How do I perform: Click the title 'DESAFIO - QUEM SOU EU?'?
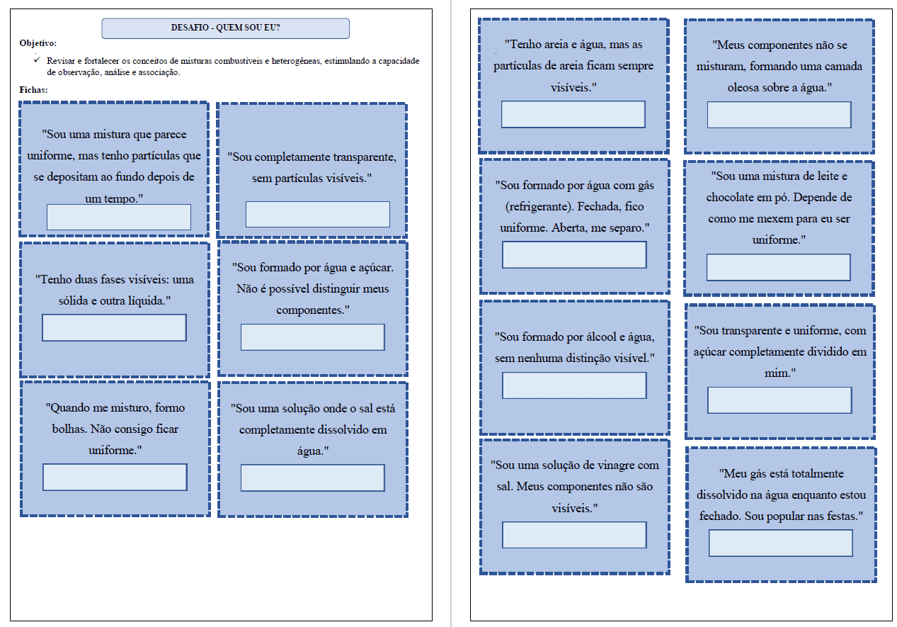click(x=225, y=28)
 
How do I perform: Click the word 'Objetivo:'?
click(x=38, y=43)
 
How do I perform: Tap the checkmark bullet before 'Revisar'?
click(x=38, y=60)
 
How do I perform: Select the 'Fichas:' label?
click(x=33, y=90)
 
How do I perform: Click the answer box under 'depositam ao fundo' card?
click(x=119, y=217)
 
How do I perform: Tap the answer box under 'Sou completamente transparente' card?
click(x=318, y=215)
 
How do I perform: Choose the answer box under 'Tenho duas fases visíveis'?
click(x=114, y=328)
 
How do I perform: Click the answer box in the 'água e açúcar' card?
click(x=313, y=337)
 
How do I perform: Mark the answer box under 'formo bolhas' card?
click(x=115, y=478)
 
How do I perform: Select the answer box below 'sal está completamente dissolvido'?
click(x=313, y=478)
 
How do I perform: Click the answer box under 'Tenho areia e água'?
click(x=573, y=115)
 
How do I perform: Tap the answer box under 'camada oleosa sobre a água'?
click(x=779, y=115)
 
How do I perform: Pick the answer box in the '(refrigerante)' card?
click(x=574, y=255)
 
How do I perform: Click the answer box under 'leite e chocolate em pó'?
click(x=779, y=267)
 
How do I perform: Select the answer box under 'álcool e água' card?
click(x=574, y=385)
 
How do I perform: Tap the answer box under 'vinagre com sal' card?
click(x=574, y=535)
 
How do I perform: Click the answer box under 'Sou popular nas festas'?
click(x=781, y=543)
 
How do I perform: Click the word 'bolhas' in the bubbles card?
click(x=69, y=429)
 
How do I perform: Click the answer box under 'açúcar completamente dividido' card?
click(x=779, y=400)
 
